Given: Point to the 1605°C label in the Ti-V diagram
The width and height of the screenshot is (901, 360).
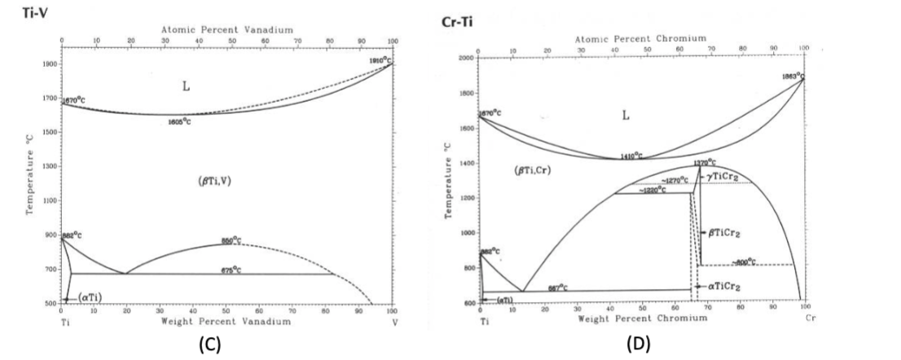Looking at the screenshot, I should click(179, 121).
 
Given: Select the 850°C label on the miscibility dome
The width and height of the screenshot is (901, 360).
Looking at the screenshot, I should click(231, 239).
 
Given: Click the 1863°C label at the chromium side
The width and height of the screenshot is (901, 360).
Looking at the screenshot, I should click(792, 75).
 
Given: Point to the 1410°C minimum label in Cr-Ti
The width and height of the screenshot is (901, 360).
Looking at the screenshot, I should click(631, 156).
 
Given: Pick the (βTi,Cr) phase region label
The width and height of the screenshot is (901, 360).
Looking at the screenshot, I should click(512, 171).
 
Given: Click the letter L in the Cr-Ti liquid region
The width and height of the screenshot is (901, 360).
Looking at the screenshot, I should click(626, 116).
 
